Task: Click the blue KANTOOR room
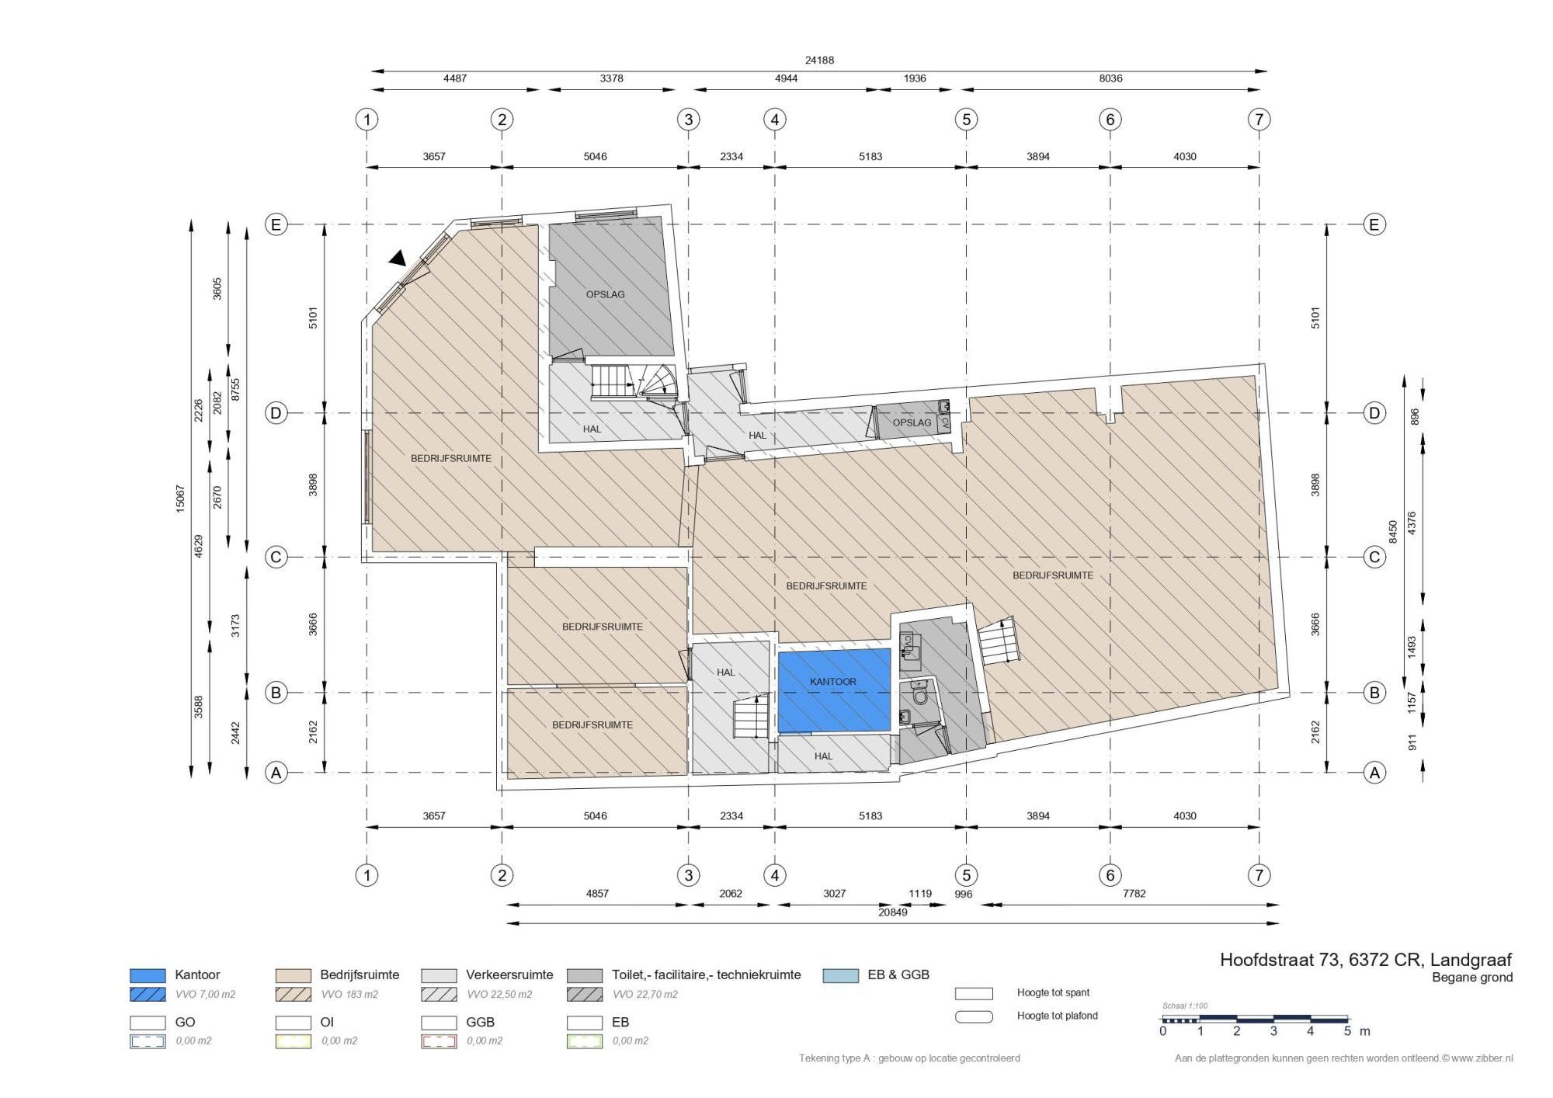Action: [834, 690]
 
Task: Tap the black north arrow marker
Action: [398, 258]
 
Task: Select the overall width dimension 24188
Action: [819, 60]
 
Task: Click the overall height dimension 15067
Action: [180, 498]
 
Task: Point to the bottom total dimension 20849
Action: [892, 912]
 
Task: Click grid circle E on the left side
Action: [276, 224]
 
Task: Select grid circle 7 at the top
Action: [1259, 120]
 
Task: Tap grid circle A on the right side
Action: [1374, 773]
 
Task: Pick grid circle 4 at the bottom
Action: [774, 875]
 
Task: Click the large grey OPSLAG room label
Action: [605, 294]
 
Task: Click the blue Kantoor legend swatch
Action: [148, 975]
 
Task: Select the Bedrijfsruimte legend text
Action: [360, 975]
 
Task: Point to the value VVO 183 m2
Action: [349, 994]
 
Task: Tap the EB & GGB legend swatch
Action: [841, 975]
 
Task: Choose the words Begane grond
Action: [1472, 978]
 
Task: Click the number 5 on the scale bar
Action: [1347, 1031]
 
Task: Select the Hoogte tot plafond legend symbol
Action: [974, 1016]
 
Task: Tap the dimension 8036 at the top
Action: [1110, 78]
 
